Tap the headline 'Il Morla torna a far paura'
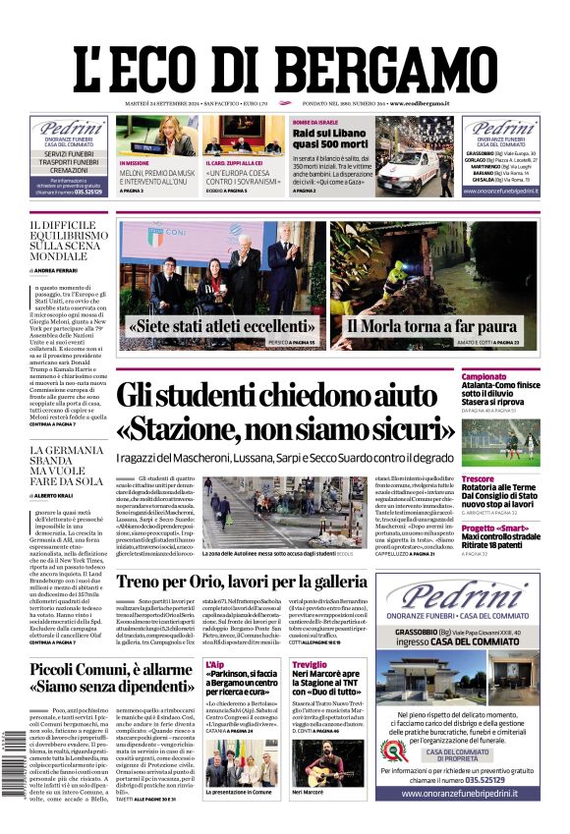pyautogui.click(x=418, y=325)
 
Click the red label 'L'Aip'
pyautogui.click(x=215, y=665)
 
